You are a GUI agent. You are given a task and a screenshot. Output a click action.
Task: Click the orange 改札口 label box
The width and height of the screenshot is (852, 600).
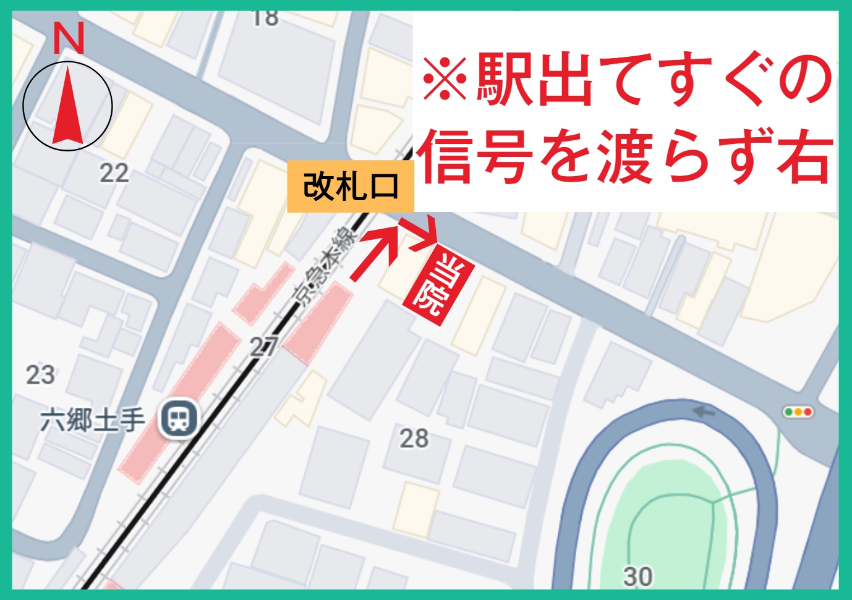point(350,187)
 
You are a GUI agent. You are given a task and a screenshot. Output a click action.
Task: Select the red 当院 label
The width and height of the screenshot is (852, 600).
point(439,284)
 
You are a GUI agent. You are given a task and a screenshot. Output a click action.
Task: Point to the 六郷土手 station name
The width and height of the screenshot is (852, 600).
point(93,421)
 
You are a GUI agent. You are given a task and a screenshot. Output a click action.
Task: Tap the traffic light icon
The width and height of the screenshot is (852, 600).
point(798,412)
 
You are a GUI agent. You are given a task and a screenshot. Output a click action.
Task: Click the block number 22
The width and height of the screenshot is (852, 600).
point(114,173)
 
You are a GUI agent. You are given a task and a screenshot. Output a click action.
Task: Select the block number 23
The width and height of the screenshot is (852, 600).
point(40,375)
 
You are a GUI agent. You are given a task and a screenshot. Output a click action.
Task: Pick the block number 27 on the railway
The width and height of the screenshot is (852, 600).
point(263,348)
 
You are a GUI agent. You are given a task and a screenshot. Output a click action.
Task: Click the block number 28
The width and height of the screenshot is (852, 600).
point(414,439)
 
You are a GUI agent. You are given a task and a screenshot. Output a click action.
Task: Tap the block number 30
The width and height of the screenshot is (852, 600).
point(637,577)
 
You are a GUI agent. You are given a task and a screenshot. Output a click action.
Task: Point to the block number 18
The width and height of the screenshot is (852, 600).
point(265,19)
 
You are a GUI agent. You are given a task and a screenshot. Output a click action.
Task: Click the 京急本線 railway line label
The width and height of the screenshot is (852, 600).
point(326,266)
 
